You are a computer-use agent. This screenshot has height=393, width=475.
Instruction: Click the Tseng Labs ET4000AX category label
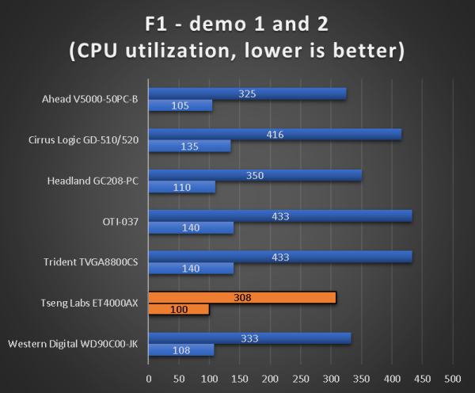[89, 303]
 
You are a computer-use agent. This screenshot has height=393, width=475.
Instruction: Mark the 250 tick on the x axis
[301, 376]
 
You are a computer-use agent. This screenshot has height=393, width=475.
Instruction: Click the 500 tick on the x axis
[453, 376]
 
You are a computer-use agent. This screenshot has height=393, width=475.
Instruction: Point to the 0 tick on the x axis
[149, 376]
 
